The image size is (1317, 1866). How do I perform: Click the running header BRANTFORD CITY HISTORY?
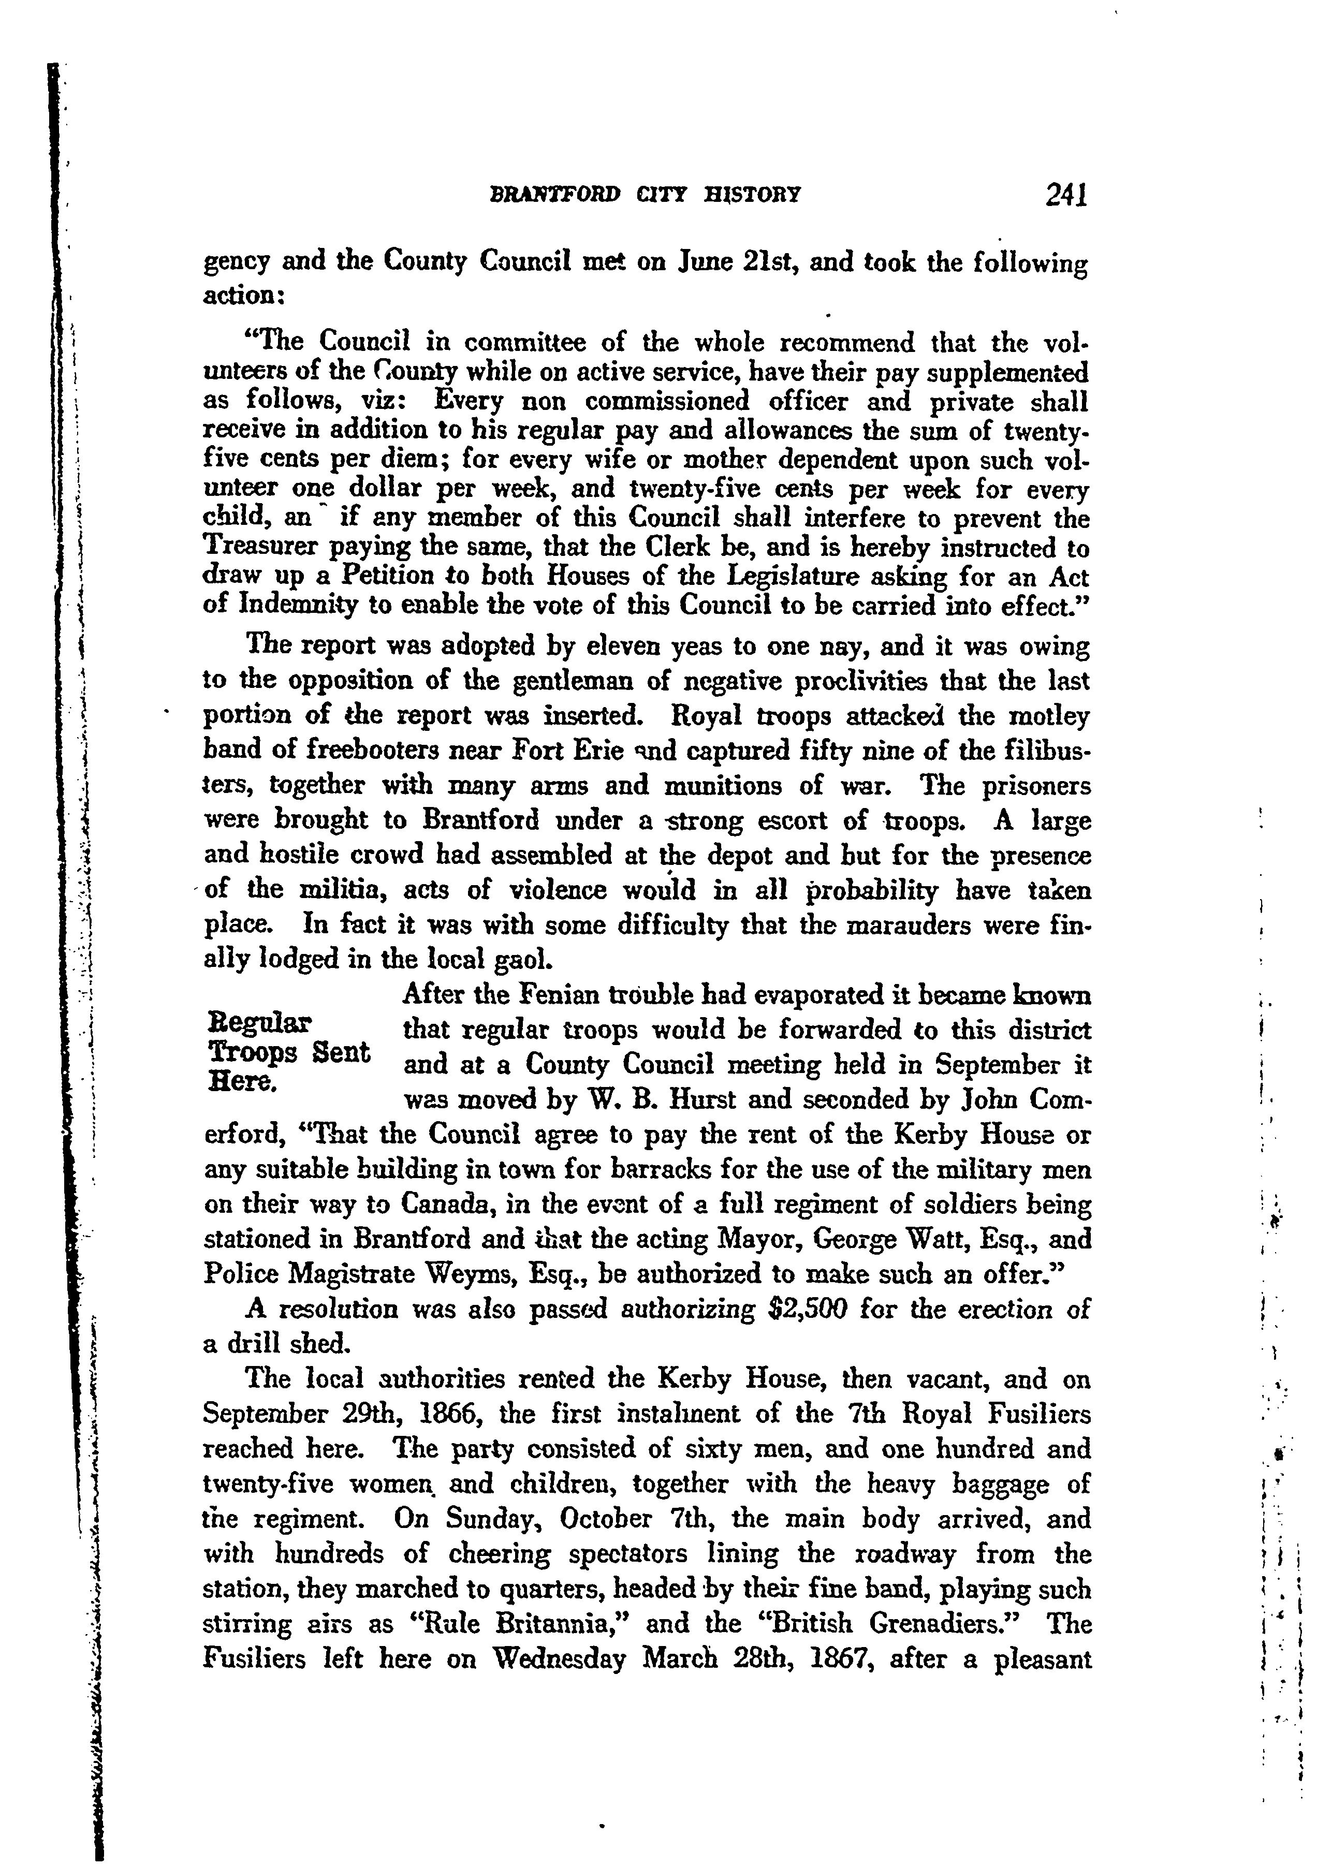tap(642, 197)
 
